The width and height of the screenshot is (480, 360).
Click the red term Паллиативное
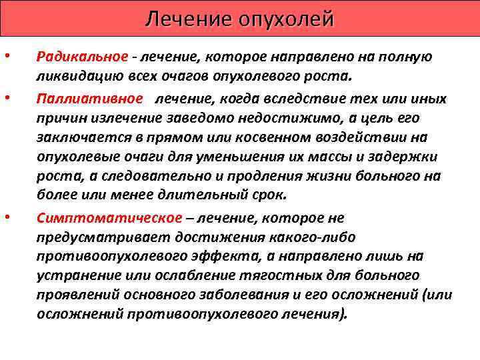[x=89, y=99]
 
